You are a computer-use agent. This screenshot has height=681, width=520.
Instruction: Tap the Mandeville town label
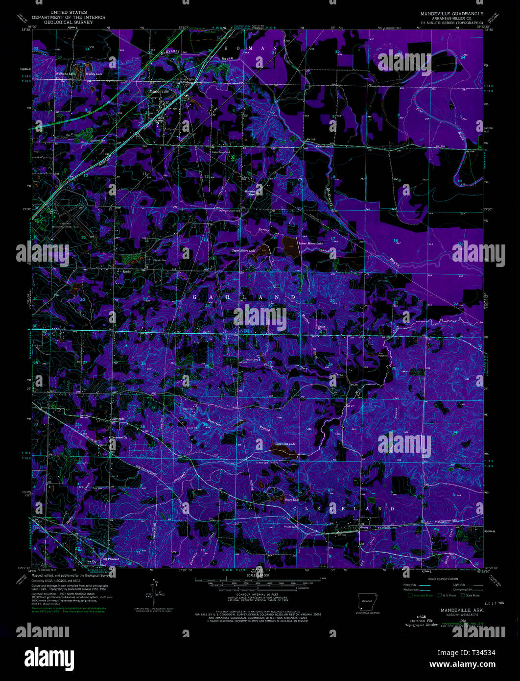coord(159,92)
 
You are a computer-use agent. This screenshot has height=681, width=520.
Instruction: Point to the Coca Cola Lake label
coord(285,444)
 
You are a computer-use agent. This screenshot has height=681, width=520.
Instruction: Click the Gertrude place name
coord(119,418)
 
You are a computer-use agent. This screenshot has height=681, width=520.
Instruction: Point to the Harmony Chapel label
coord(251,193)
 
